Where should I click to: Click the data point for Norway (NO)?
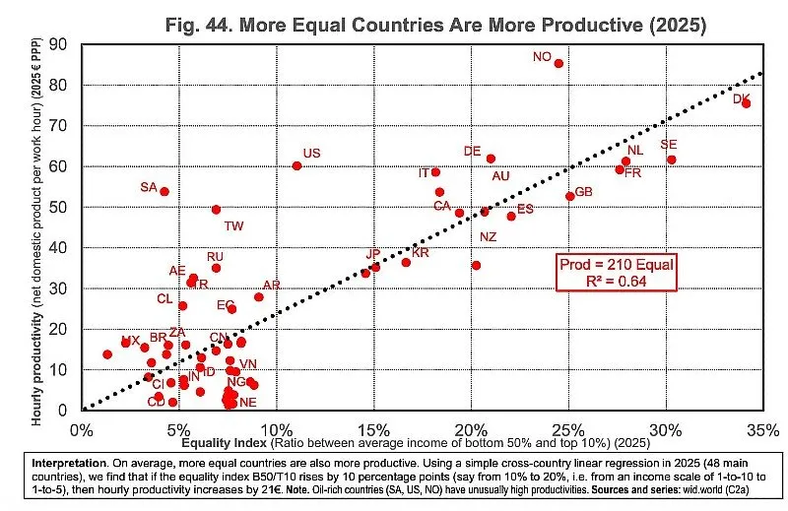[558, 63]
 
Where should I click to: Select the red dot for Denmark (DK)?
[746, 103]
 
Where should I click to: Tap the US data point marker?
[296, 165]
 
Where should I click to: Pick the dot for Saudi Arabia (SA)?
[164, 192]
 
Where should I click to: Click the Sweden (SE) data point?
[672, 160]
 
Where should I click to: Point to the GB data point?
[569, 196]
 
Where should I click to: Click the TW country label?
[233, 226]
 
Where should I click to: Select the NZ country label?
[489, 237]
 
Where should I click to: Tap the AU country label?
[500, 175]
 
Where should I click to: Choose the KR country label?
[421, 253]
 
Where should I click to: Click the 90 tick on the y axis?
[61, 44]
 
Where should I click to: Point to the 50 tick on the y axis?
[61, 207]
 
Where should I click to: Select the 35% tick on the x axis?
[762, 430]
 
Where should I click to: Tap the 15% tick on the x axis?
[373, 430]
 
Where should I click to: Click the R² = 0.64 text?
[615, 282]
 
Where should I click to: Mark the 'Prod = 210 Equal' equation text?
[615, 265]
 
